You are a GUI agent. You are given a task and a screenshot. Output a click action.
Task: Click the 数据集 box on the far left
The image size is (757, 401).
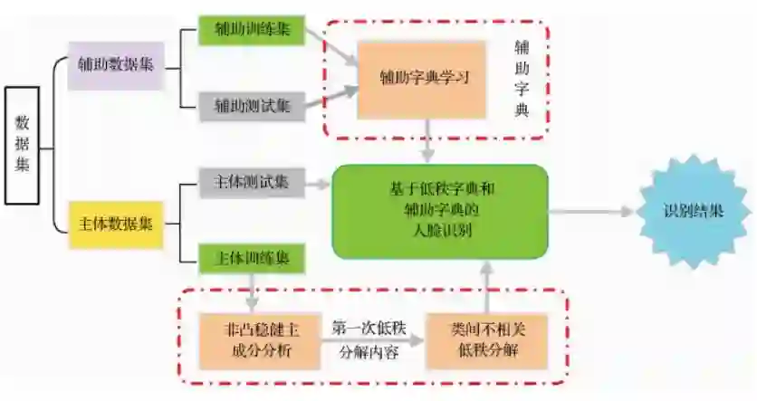click(22, 144)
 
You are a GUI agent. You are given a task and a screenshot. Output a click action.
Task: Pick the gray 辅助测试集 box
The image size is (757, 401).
click(252, 106)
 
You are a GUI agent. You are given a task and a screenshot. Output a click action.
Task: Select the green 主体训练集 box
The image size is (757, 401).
click(252, 258)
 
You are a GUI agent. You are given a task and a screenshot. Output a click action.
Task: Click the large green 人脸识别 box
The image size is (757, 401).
click(440, 211)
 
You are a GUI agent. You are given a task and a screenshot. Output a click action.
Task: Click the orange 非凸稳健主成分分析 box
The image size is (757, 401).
click(258, 339)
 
